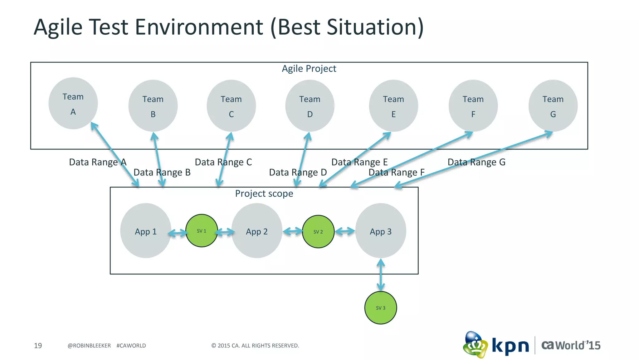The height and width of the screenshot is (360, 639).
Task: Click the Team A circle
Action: click(73, 103)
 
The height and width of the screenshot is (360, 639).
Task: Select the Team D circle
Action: click(310, 106)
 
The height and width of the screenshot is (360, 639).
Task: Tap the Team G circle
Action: click(553, 106)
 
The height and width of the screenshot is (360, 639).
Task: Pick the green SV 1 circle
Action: click(202, 231)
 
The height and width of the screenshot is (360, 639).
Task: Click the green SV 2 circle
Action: click(318, 232)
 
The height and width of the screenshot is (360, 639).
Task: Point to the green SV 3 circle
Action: click(380, 308)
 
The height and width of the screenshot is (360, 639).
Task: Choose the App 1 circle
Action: click(145, 231)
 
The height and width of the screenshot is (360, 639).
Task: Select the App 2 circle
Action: click(256, 231)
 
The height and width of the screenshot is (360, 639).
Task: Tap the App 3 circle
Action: click(380, 231)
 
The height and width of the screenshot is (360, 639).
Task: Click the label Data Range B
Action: click(162, 173)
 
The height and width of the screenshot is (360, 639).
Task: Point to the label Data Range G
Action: click(476, 162)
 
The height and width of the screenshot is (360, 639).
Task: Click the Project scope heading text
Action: click(264, 194)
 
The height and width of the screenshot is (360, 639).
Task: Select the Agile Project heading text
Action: click(309, 69)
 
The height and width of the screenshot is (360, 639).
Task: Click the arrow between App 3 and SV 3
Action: click(380, 275)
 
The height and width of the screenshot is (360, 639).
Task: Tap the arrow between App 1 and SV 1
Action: click(177, 233)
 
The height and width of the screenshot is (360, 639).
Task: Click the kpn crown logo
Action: click(475, 345)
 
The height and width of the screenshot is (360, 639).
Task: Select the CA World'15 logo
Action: click(570, 345)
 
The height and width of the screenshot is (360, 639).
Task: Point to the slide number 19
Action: click(38, 346)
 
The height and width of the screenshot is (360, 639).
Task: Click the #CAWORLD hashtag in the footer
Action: click(131, 346)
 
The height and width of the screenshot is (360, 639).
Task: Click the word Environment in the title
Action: click(199, 27)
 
